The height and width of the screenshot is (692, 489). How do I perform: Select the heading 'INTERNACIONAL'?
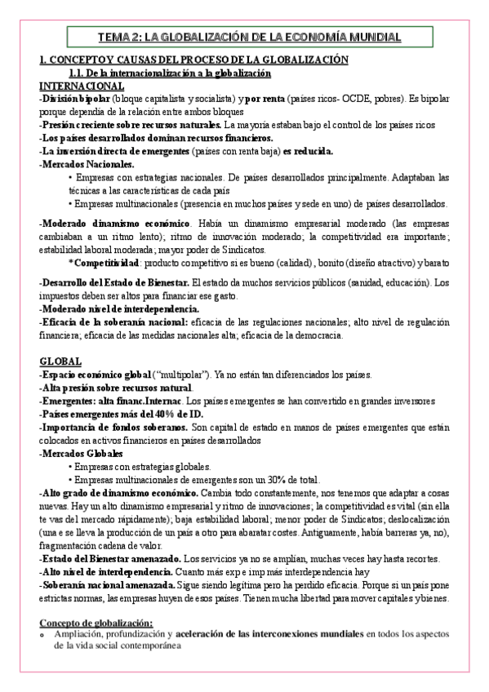click(82, 86)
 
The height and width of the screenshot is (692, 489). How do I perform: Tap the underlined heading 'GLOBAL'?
click(60, 361)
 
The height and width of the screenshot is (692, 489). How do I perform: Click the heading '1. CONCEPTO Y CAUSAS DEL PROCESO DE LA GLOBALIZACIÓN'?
click(194, 60)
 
